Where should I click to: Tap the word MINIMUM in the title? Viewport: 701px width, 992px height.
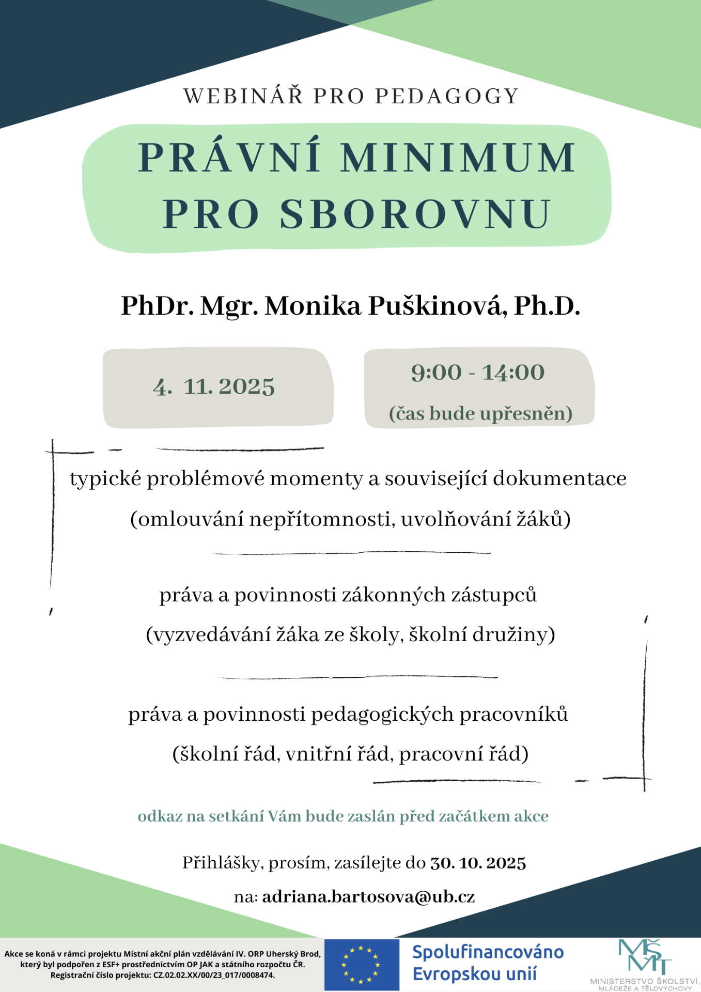[x=458, y=158]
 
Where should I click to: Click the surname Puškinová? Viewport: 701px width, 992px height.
[x=435, y=306]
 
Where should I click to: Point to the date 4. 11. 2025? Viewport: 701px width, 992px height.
[x=214, y=386]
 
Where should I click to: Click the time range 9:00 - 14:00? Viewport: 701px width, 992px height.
[x=478, y=373]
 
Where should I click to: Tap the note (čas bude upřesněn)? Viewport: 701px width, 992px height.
[x=480, y=413]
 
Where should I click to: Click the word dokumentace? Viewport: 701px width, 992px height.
[x=559, y=479]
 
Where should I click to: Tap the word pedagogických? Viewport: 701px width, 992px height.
[x=382, y=715]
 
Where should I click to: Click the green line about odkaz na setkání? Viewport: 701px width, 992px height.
[x=343, y=816]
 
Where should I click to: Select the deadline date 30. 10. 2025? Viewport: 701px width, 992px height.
[x=478, y=863]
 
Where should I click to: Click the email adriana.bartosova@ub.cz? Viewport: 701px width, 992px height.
[x=368, y=897]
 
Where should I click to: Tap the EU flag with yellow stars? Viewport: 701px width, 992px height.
[x=361, y=965]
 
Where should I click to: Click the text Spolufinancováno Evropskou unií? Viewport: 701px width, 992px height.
[x=488, y=963]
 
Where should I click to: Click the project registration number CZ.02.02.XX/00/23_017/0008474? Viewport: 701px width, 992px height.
[x=214, y=975]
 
